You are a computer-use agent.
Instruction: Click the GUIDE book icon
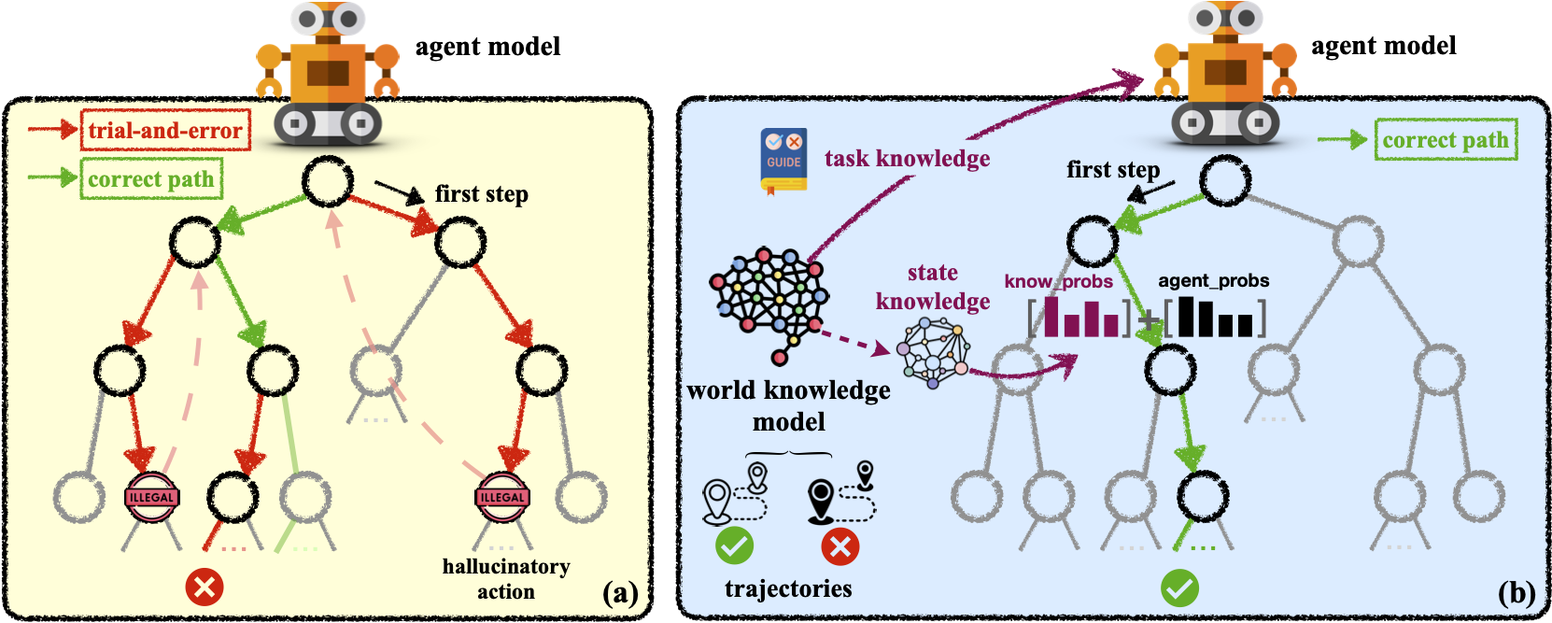click(x=783, y=161)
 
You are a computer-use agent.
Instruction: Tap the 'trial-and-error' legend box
click(x=165, y=130)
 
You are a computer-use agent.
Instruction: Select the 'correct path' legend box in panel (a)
click(x=151, y=178)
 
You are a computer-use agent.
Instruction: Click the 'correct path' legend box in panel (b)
click(x=1446, y=140)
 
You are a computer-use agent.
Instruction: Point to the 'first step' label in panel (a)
click(x=482, y=194)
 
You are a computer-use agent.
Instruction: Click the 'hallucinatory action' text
click(x=506, y=579)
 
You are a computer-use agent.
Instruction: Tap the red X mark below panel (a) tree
click(x=205, y=588)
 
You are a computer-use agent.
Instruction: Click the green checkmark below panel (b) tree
click(x=1180, y=588)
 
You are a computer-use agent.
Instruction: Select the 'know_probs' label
click(x=1059, y=281)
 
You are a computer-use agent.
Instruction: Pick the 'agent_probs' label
click(x=1214, y=280)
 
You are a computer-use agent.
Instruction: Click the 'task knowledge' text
click(x=907, y=159)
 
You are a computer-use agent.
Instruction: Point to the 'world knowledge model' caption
click(x=788, y=406)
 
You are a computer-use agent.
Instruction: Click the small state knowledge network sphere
click(x=933, y=353)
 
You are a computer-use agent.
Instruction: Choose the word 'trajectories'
click(x=788, y=589)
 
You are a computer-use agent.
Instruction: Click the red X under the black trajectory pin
click(x=840, y=547)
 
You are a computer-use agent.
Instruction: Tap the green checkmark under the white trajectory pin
click(x=734, y=546)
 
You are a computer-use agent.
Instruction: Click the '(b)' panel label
click(x=1516, y=594)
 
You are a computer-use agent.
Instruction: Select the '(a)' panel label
click(x=620, y=594)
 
